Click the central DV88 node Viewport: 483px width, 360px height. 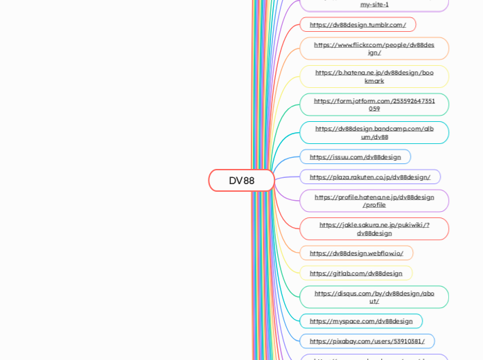point(241,181)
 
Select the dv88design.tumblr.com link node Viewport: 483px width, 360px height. point(358,25)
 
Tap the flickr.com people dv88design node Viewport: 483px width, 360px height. point(374,48)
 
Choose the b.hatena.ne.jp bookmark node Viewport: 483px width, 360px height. point(374,76)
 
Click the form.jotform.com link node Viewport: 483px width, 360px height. point(374,105)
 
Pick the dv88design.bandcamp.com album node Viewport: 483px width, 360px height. point(374,132)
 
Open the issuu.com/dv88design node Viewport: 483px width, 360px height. point(355,157)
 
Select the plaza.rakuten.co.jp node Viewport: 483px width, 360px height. point(369,177)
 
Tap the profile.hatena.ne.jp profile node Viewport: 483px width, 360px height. point(374,201)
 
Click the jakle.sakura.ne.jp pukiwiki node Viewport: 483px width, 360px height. point(374,228)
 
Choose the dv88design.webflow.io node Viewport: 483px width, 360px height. point(356,253)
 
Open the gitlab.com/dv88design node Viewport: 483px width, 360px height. point(355,273)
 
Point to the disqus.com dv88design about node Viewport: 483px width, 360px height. point(374,297)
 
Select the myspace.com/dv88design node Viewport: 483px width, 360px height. point(360,321)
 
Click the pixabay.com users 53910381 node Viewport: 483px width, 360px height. point(367,341)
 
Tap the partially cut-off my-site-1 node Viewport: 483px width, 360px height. point(374,4)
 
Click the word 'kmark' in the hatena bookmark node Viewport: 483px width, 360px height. point(374,81)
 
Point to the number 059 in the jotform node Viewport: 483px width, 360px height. point(374,109)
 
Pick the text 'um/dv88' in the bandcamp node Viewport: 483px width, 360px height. point(374,137)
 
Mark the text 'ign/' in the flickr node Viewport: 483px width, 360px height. point(374,53)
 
